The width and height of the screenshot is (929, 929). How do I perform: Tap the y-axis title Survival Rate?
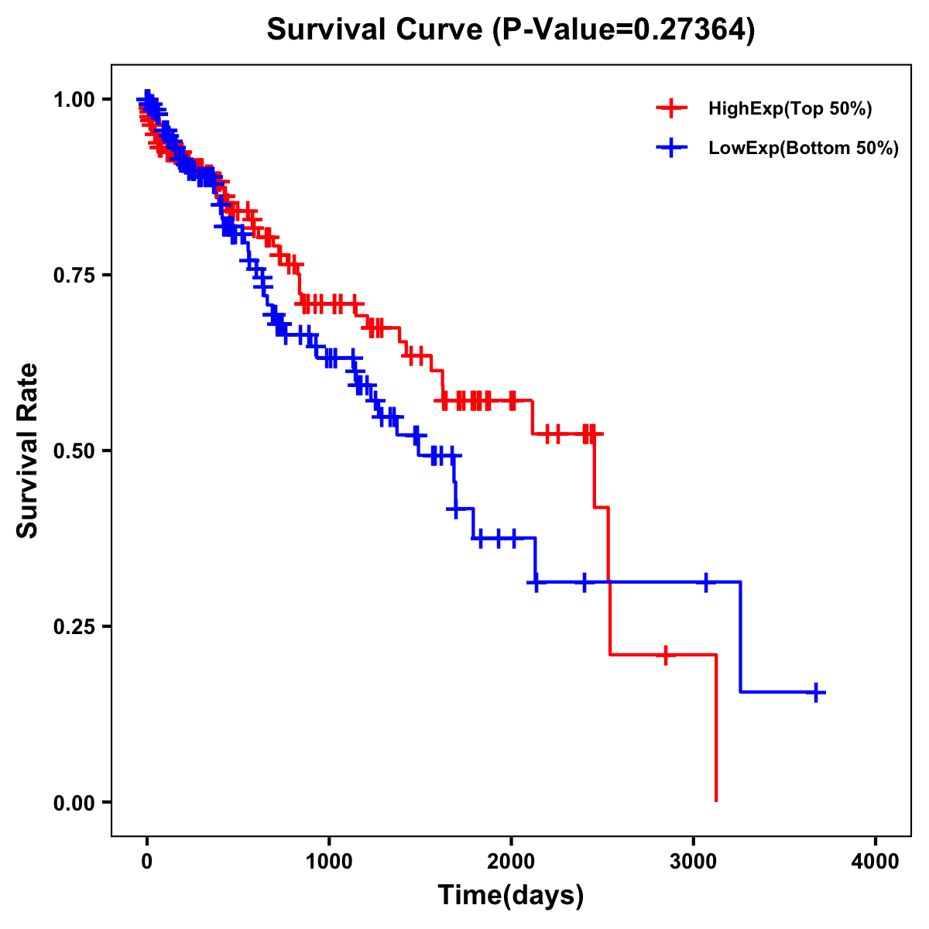pyautogui.click(x=28, y=450)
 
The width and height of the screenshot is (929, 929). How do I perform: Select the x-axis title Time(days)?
pyautogui.click(x=510, y=895)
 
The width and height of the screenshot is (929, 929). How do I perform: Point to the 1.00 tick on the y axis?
pyautogui.click(x=74, y=99)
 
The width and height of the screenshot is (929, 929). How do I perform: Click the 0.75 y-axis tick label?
pyautogui.click(x=74, y=275)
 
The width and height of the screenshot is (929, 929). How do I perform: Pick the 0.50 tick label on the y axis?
pyautogui.click(x=74, y=451)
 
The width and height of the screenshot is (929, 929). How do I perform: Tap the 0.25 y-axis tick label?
pyautogui.click(x=74, y=626)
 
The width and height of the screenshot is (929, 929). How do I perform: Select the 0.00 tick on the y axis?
pyautogui.click(x=74, y=802)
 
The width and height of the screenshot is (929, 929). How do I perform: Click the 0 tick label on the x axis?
pyautogui.click(x=147, y=861)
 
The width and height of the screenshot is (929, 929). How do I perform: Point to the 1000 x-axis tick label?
pyautogui.click(x=329, y=861)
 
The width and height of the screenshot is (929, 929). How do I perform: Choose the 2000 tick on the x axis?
pyautogui.click(x=511, y=861)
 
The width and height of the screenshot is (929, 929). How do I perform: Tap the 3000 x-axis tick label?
pyautogui.click(x=694, y=861)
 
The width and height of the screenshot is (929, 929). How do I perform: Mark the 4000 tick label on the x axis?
pyautogui.click(x=876, y=861)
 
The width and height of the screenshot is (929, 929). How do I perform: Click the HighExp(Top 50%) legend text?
pyautogui.click(x=790, y=109)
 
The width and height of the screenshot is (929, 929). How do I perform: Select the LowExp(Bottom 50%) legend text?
pyautogui.click(x=804, y=148)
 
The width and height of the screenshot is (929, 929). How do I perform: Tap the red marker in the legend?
pyautogui.click(x=671, y=109)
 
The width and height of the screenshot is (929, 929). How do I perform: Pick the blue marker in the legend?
pyautogui.click(x=671, y=148)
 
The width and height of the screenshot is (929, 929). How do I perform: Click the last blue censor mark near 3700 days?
pyautogui.click(x=816, y=692)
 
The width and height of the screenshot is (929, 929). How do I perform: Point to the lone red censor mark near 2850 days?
pyautogui.click(x=665, y=655)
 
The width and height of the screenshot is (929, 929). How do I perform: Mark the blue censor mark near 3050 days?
pyautogui.click(x=705, y=582)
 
